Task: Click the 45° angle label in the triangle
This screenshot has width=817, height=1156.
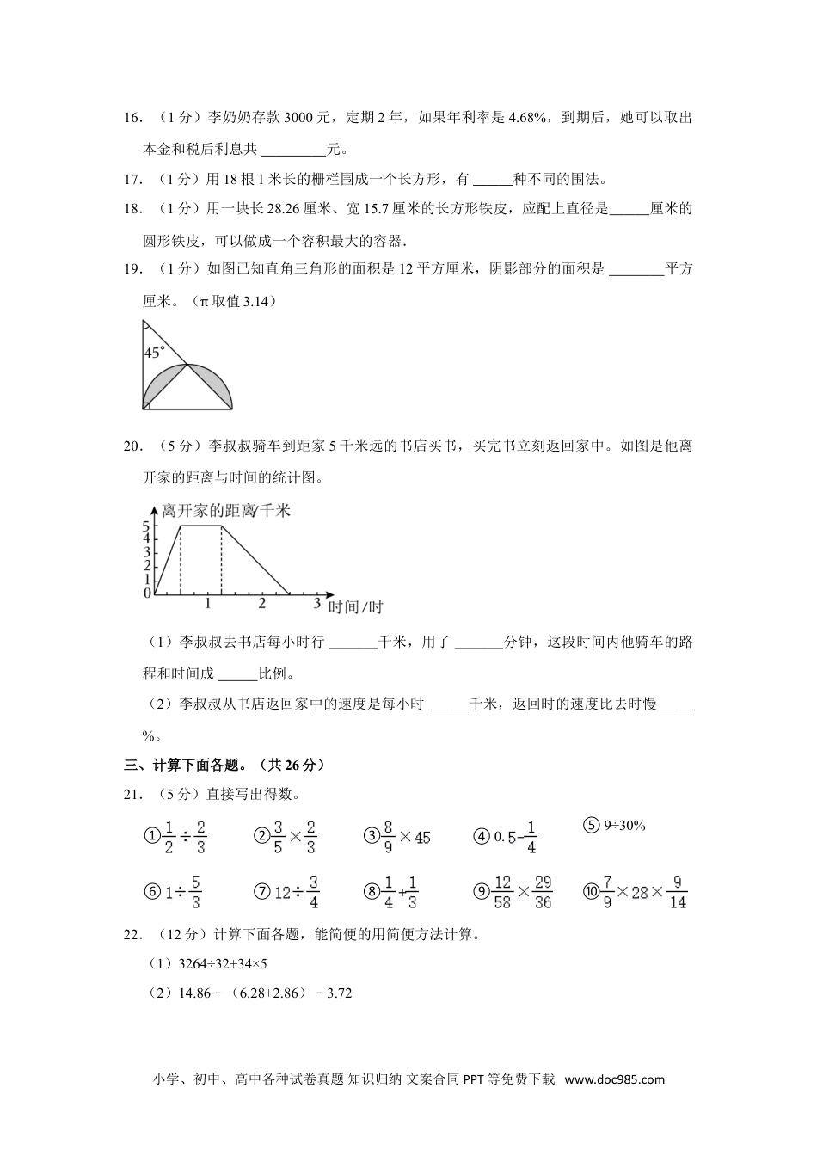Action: tap(155, 353)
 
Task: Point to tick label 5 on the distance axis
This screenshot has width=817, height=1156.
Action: tap(147, 526)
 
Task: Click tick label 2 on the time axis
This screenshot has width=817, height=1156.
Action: tap(262, 604)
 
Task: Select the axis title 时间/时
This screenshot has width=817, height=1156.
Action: tap(356, 607)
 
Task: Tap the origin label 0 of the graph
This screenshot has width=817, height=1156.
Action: tap(147, 593)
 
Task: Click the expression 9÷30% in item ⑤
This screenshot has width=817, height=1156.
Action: tap(624, 826)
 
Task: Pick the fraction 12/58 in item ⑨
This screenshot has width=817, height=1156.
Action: tap(503, 892)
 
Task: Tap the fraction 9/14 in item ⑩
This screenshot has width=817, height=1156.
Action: tap(678, 892)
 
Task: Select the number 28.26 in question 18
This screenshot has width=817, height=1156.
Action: tap(262, 208)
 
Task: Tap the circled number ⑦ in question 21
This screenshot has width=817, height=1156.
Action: tap(262, 892)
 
